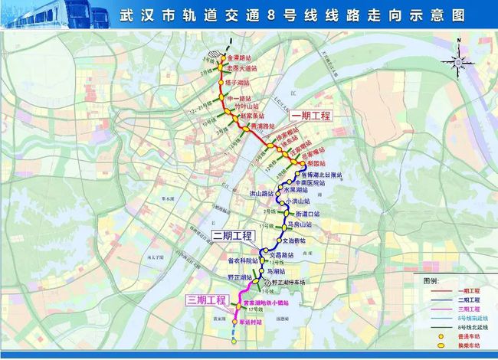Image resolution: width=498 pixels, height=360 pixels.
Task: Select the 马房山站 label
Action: (x=305, y=225)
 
